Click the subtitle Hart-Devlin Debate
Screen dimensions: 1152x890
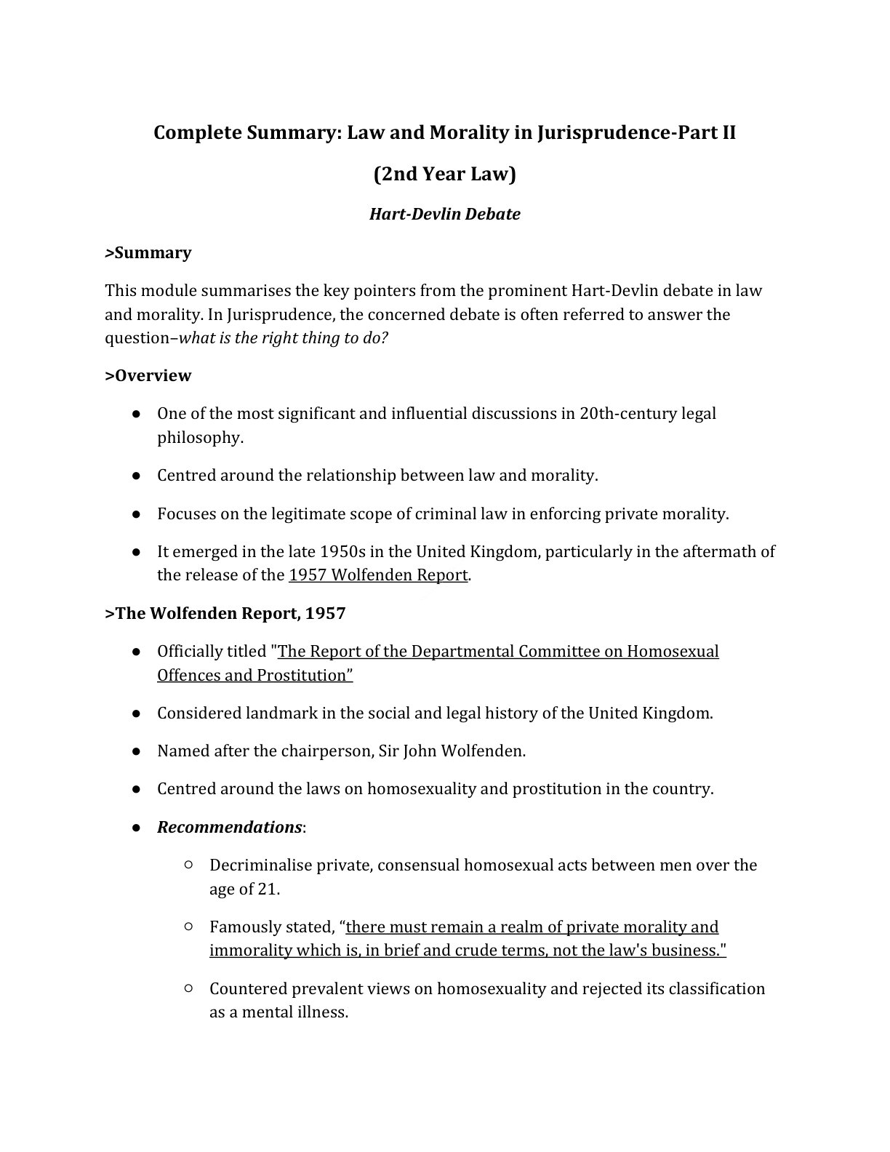[x=444, y=215]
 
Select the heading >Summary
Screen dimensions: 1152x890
[x=148, y=253]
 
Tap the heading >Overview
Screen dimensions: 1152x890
[x=148, y=376]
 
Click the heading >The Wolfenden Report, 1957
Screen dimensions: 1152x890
[x=225, y=614]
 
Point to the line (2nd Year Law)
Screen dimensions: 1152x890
[x=444, y=175]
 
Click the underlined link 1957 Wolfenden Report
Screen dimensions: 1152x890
[x=378, y=575]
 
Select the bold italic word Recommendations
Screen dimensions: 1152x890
[x=229, y=828]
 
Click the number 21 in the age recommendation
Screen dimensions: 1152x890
[x=268, y=889]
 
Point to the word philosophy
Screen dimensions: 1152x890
[x=199, y=438]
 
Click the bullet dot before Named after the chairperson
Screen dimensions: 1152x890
[x=136, y=751]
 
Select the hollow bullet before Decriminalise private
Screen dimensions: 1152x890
[x=188, y=865]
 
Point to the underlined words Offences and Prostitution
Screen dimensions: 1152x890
[x=254, y=676]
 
